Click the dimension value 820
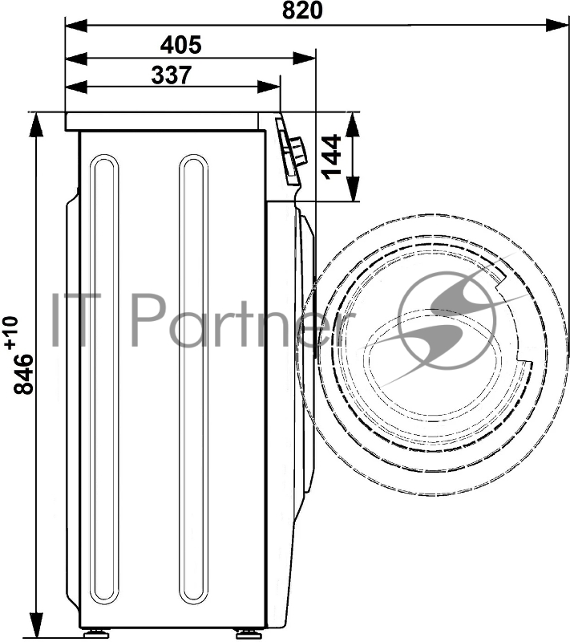[x=301, y=10]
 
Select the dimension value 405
[x=180, y=45]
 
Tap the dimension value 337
[x=172, y=75]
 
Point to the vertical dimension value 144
[x=332, y=156]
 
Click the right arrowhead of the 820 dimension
[x=557, y=25]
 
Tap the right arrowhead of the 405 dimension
[x=304, y=58]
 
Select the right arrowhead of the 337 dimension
[x=269, y=87]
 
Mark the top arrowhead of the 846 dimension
[x=36, y=124]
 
